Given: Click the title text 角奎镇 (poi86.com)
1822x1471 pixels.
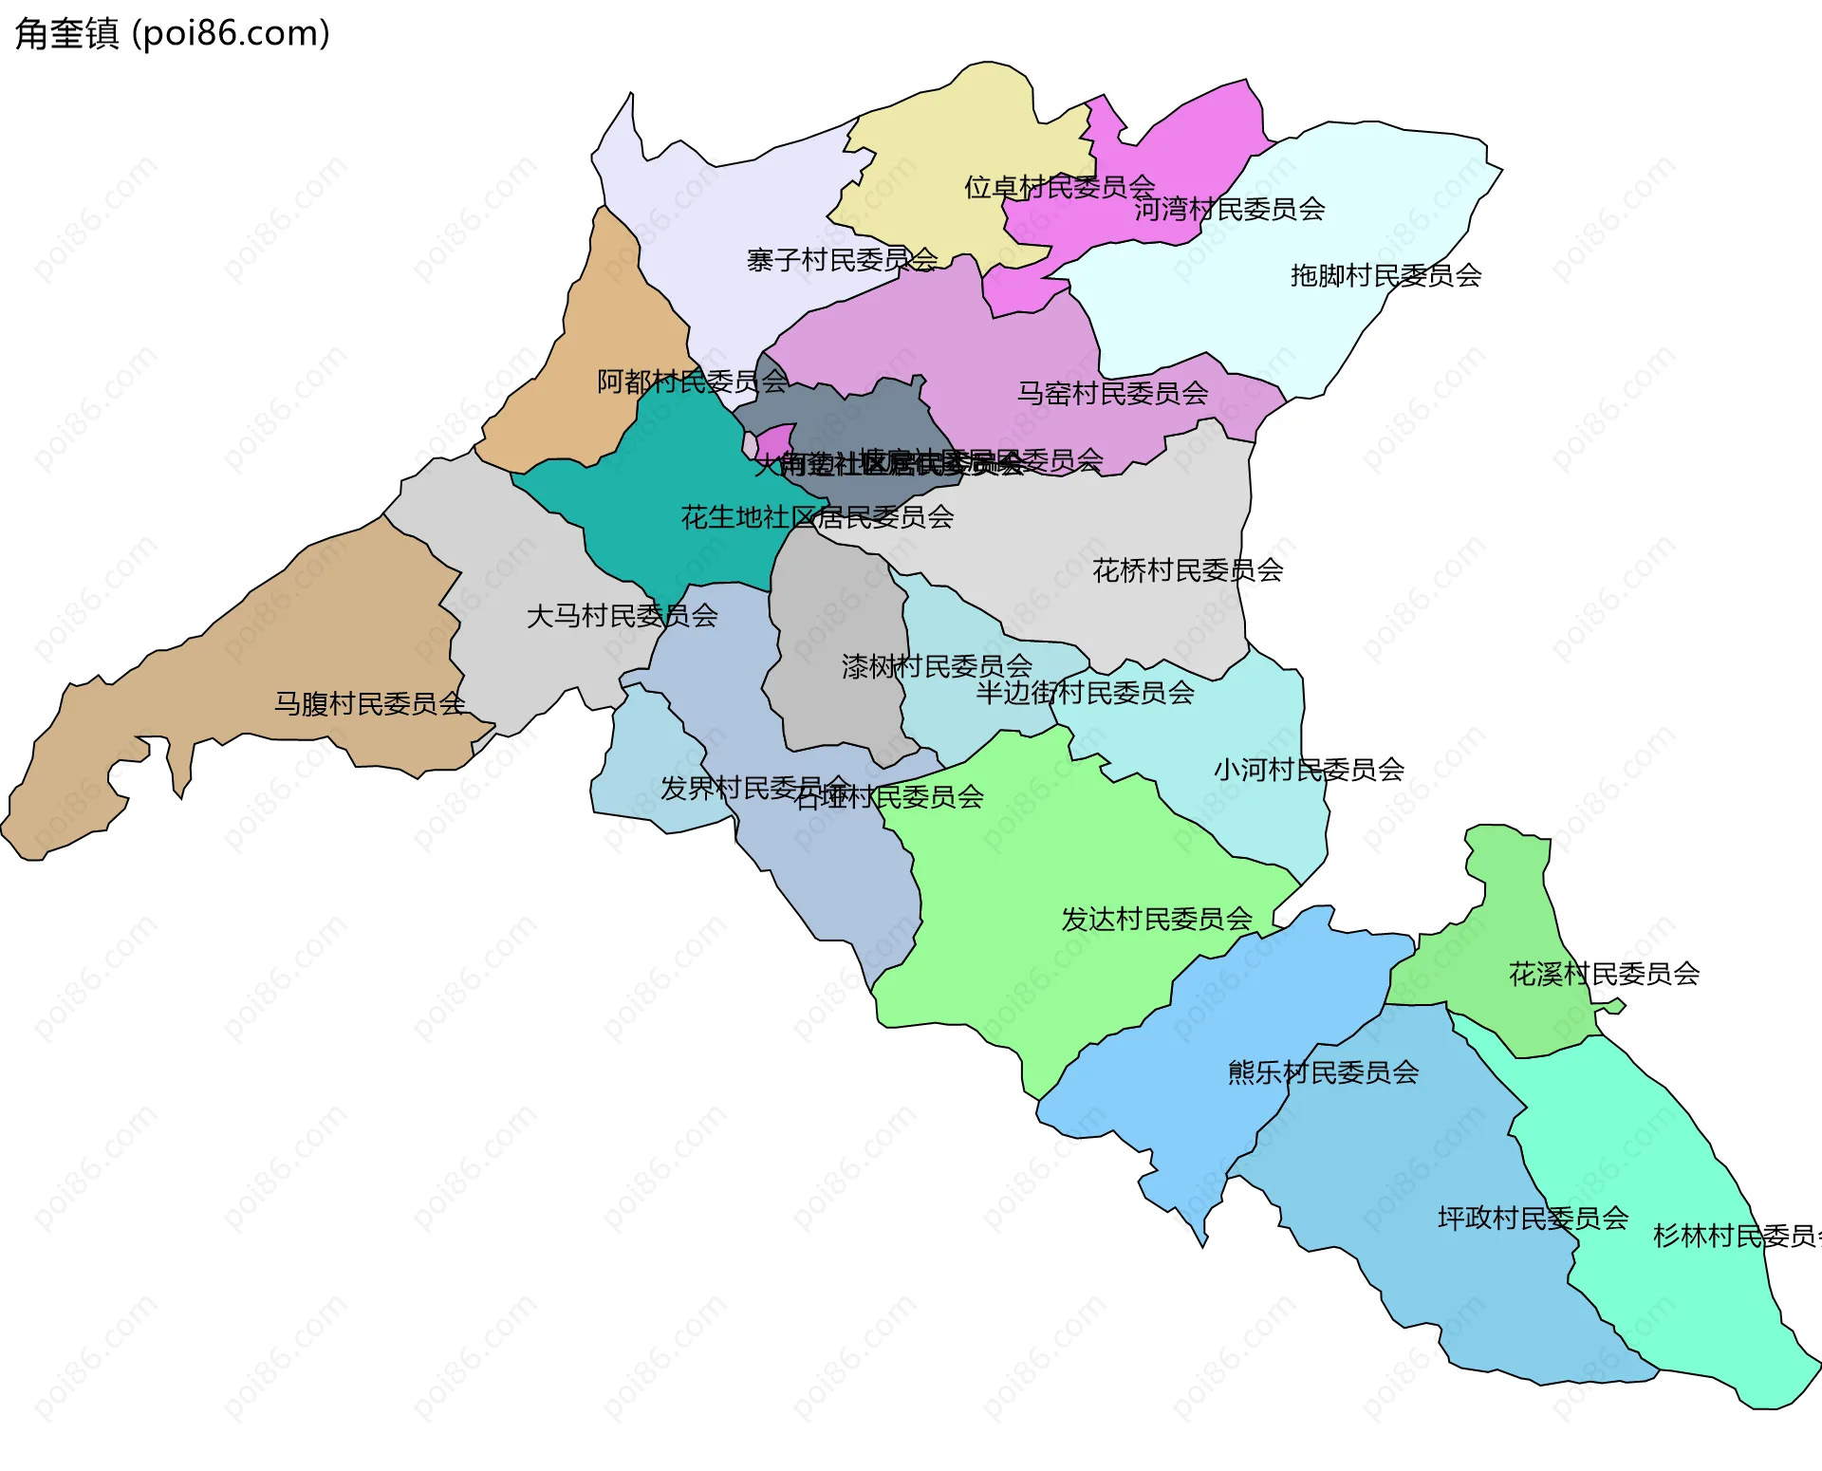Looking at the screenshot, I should [173, 33].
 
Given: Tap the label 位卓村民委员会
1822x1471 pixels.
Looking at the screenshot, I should [1059, 187].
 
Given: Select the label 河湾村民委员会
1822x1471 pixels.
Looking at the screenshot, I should [1230, 209].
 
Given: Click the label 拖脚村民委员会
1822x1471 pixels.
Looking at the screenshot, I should [1385, 275].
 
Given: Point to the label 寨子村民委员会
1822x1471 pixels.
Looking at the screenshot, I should [842, 259].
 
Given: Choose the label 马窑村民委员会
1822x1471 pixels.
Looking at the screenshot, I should [1112, 392].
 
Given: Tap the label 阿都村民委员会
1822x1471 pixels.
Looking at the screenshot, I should [693, 382].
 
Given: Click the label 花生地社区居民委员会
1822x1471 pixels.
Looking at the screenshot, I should [817, 517].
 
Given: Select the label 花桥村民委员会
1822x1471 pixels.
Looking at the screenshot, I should [1187, 569].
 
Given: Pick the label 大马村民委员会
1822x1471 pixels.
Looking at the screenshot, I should [622, 616].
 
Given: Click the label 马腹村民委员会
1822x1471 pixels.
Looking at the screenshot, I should [370, 703].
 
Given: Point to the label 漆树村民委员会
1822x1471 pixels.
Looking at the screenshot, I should [937, 666].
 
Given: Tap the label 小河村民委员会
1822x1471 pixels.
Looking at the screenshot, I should [1309, 769].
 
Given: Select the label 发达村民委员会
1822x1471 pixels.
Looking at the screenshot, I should [1157, 919].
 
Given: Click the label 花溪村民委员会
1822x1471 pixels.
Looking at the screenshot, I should [1604, 974].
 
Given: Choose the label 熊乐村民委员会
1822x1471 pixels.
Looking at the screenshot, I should [1323, 1072].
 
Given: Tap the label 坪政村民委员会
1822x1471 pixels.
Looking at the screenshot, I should [1533, 1218].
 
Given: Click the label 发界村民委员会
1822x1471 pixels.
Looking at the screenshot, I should [754, 788].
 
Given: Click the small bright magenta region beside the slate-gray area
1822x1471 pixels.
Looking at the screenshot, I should [775, 439].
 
